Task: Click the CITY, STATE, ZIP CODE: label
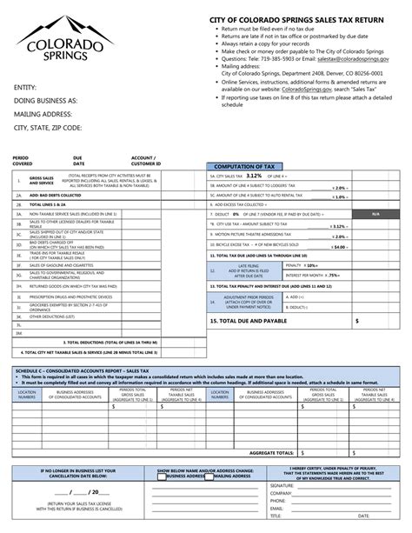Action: pyautogui.click(x=47, y=127)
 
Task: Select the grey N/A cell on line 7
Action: pyautogui.click(x=375, y=213)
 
